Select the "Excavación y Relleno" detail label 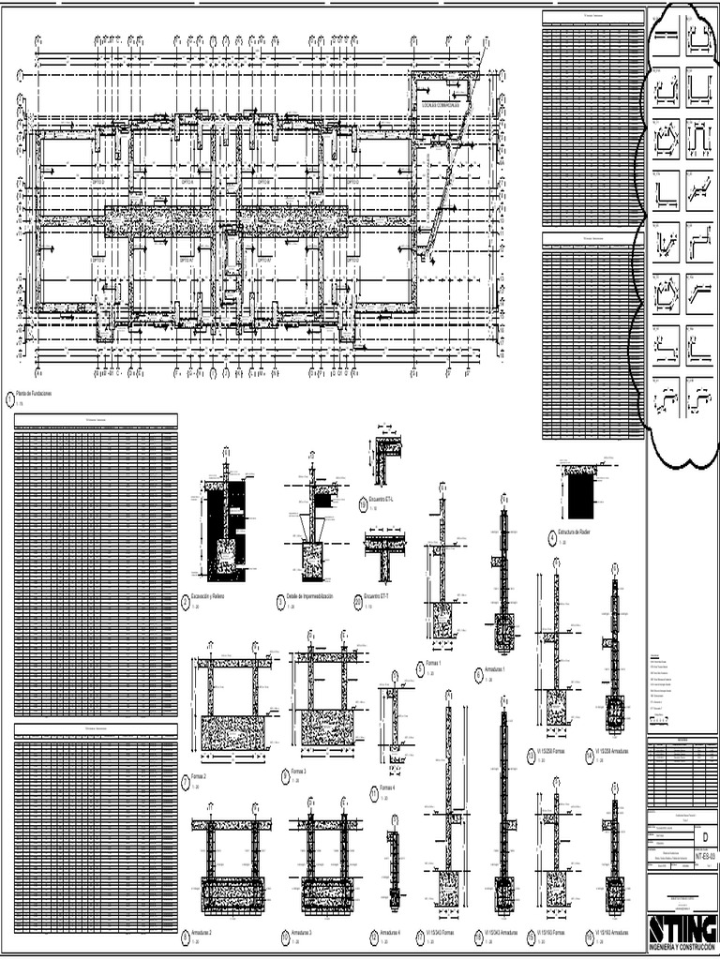click(x=209, y=596)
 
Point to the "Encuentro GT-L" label click(x=381, y=502)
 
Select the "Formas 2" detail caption click(x=200, y=776)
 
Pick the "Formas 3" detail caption click(x=301, y=770)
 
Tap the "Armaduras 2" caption click(x=202, y=934)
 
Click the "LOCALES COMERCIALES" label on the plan click(x=442, y=105)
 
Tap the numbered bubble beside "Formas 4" click(x=374, y=791)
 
